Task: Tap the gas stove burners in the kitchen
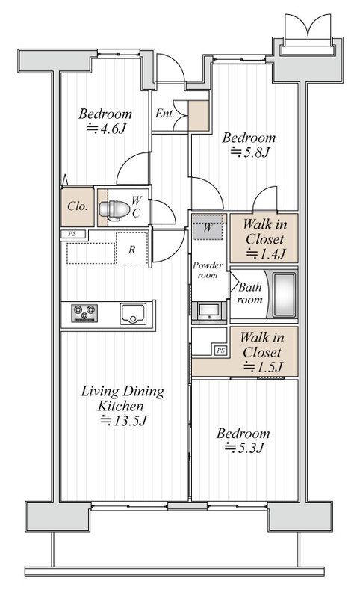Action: [x=84, y=313]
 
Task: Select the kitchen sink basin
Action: [x=133, y=313]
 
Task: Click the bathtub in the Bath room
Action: [x=284, y=295]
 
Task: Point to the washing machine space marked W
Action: [x=207, y=228]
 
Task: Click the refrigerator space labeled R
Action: [x=131, y=249]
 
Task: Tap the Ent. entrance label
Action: [x=165, y=114]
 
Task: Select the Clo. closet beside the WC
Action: [x=78, y=206]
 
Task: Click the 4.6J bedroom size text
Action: [x=106, y=129]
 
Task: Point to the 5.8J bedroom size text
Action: [x=250, y=152]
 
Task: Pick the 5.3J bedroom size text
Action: [x=244, y=448]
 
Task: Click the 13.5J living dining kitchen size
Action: [x=123, y=421]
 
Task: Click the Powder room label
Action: [x=208, y=270]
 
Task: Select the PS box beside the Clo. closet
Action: [x=72, y=234]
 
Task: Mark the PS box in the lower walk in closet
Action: [x=220, y=351]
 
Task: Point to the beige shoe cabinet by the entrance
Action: [x=199, y=116]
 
